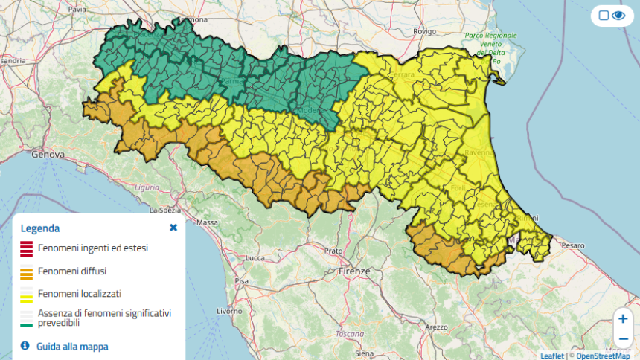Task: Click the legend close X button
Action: click(x=173, y=228)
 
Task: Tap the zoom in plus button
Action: click(x=623, y=318)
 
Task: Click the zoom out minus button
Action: click(x=623, y=338)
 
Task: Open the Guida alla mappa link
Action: click(x=72, y=346)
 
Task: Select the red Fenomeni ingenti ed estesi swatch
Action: click(x=26, y=249)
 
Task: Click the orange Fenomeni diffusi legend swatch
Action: click(x=26, y=272)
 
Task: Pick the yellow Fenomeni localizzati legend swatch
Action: click(x=26, y=295)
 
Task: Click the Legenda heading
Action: click(x=40, y=228)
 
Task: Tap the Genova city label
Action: click(x=50, y=155)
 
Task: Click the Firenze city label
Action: click(x=354, y=271)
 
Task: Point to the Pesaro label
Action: click(x=574, y=245)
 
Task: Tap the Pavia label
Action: click(x=77, y=10)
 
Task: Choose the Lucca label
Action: click(x=255, y=258)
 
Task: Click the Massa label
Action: click(x=207, y=222)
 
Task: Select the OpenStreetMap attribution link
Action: click(x=603, y=356)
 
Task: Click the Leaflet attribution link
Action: click(x=551, y=356)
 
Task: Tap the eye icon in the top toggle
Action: click(x=618, y=16)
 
